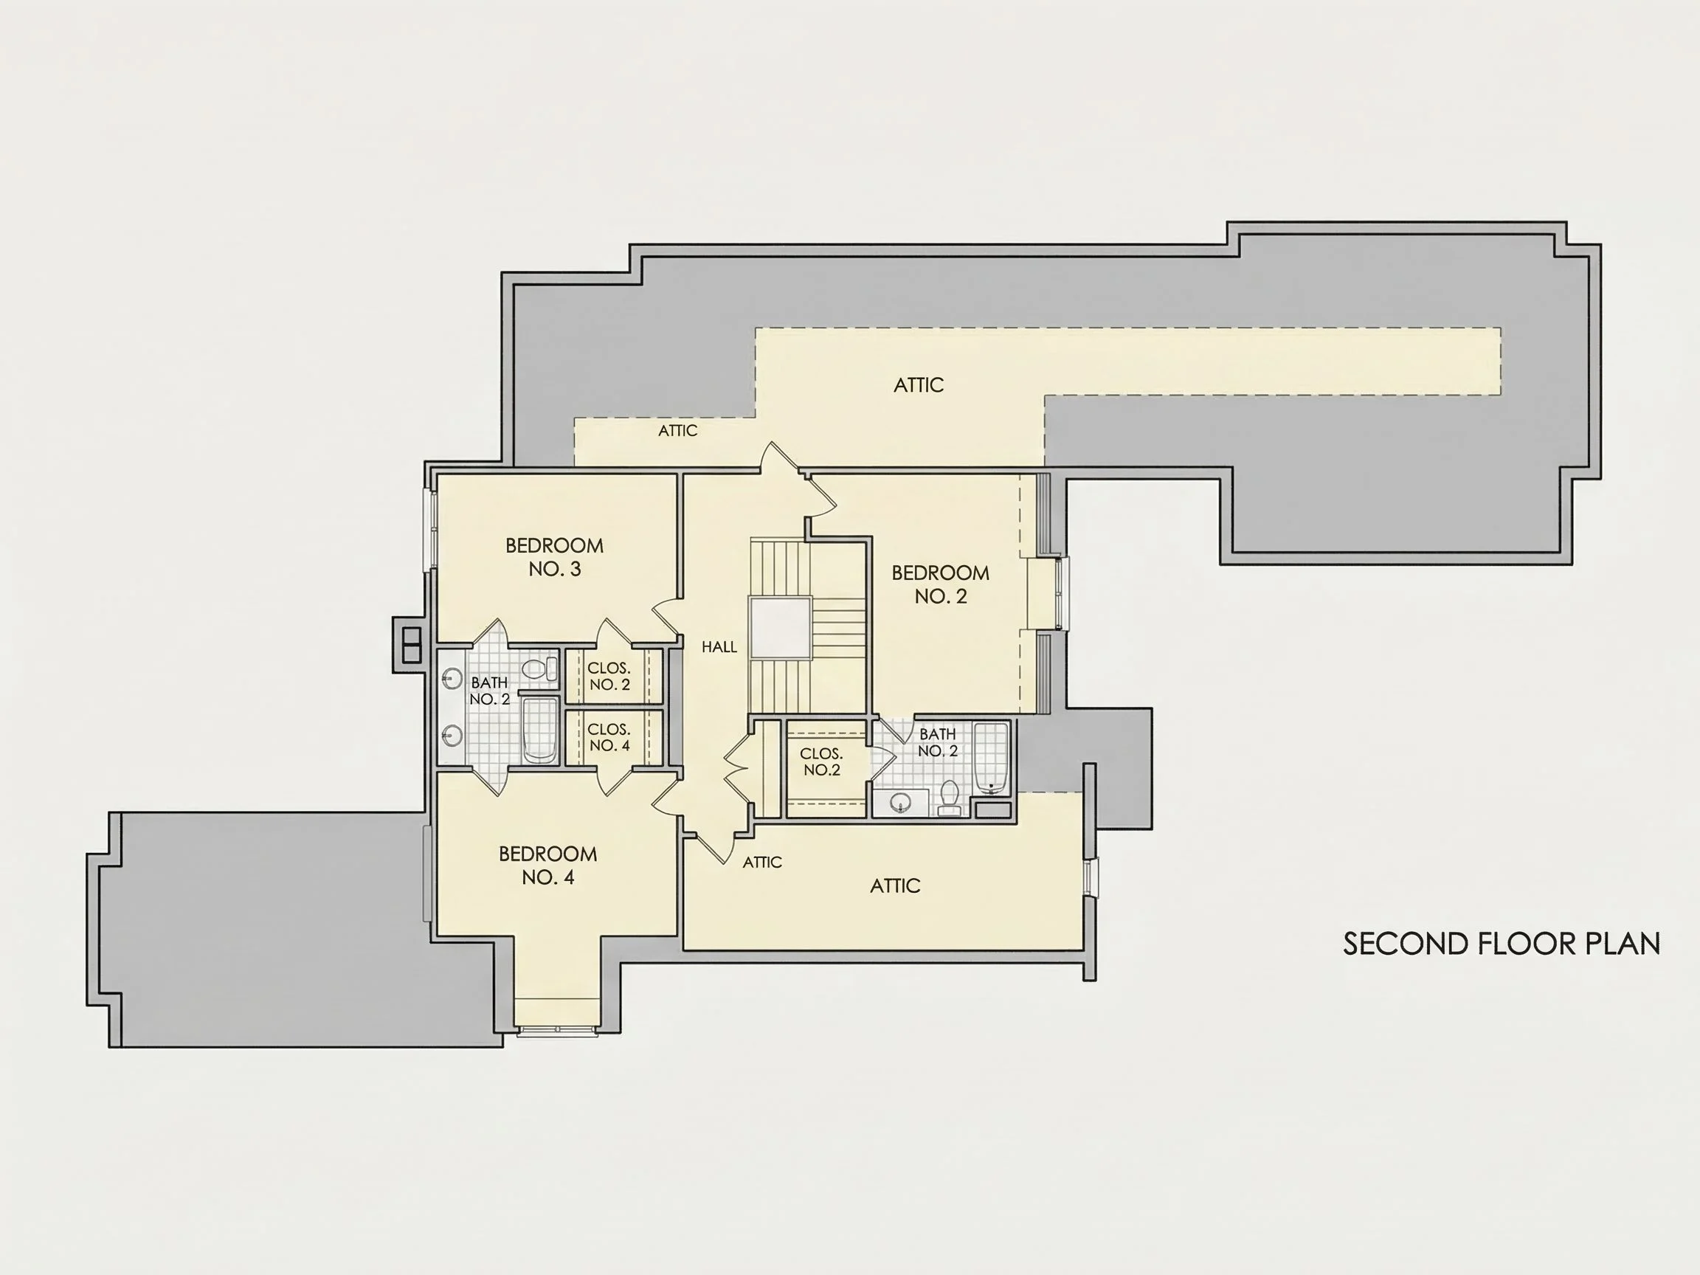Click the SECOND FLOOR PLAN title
point(1501,944)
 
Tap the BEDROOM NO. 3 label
point(554,557)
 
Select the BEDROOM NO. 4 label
point(548,865)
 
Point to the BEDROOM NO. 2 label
point(941,584)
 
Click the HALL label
point(719,647)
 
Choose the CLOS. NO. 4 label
point(609,737)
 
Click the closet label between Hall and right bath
point(821,761)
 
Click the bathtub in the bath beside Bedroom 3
point(539,730)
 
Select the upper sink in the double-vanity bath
point(451,678)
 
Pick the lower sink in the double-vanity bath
point(451,736)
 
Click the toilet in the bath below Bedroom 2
point(949,797)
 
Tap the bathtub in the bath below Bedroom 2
point(991,758)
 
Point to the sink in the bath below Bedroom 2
point(900,803)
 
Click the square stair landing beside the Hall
point(781,628)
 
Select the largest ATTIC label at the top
point(919,385)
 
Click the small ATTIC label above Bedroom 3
point(678,430)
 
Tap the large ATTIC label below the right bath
point(895,886)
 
